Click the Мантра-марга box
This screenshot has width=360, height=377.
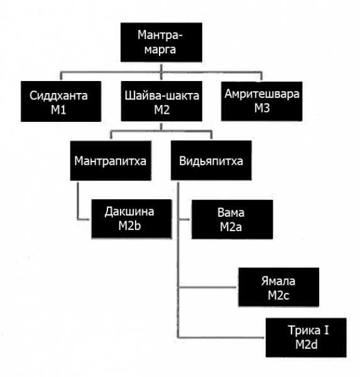click(161, 42)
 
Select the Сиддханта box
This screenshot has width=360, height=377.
click(61, 101)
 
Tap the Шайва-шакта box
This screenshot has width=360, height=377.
click(161, 101)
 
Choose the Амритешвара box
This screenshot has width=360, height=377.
click(261, 101)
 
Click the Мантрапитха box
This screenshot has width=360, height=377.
click(111, 161)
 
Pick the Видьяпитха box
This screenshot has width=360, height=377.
click(211, 160)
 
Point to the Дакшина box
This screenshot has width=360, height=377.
click(131, 219)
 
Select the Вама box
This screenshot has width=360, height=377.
click(232, 219)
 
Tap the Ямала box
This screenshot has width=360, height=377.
click(279, 287)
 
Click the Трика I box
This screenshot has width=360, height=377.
click(306, 337)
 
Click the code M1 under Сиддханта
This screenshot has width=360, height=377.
click(58, 110)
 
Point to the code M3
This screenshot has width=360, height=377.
click(262, 108)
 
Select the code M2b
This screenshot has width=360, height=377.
click(129, 226)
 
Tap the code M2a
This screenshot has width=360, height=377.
click(231, 227)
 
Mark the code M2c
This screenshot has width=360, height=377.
click(278, 295)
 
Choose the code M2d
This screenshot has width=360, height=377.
click(307, 344)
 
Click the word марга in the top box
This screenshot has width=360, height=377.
click(160, 50)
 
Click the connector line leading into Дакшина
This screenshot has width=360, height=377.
click(78, 201)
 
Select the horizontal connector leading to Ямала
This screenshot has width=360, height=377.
click(207, 287)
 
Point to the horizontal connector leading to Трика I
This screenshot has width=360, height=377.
click(221, 337)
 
